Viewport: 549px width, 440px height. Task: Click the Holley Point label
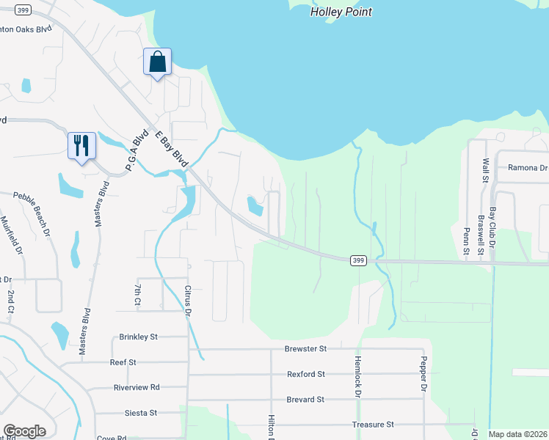(341, 12)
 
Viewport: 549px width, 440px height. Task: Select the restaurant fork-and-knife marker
(81, 145)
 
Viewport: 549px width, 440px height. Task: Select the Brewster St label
(307, 349)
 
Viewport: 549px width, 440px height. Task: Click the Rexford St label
(306, 374)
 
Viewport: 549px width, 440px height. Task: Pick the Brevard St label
(305, 400)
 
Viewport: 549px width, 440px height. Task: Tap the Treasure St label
(374, 425)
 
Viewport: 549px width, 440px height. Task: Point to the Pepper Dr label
(423, 374)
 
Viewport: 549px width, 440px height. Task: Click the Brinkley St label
(139, 337)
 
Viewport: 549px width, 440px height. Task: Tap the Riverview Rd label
(137, 387)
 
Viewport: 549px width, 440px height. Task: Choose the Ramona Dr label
(528, 167)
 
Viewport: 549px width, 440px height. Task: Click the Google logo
(24, 431)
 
